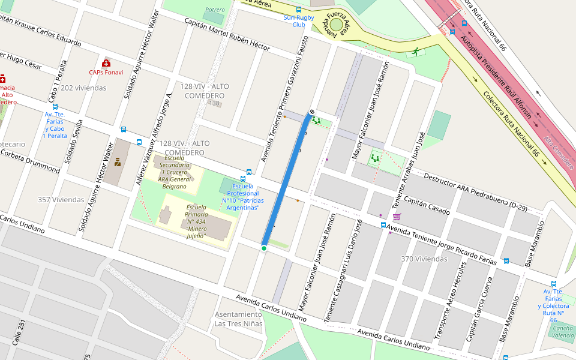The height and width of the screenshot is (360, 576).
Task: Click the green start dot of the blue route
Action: point(264,248)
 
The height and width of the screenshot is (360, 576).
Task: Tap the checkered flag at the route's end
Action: point(312,112)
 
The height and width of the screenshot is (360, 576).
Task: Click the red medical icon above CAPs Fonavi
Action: point(106,63)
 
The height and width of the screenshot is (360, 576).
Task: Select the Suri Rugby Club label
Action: point(299,21)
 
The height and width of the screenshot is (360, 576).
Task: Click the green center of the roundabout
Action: point(336,25)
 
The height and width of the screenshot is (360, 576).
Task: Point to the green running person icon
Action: point(416,52)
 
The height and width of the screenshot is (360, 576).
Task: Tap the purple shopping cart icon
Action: point(396,217)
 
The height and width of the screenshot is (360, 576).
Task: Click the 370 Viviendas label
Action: point(424,259)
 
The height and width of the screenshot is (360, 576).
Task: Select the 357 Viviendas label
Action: point(61,200)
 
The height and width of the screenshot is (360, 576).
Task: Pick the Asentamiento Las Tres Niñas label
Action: point(239,319)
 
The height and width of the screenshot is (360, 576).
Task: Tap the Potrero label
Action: point(215,10)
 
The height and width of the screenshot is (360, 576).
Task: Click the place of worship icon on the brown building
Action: point(118,161)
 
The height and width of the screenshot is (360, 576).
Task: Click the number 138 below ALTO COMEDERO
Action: point(214,104)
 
